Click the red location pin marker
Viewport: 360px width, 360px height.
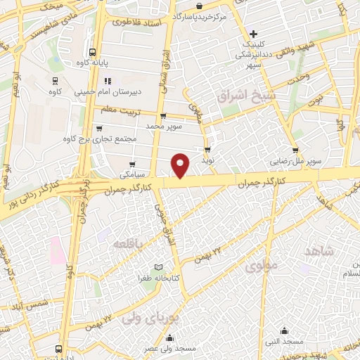point(181,165)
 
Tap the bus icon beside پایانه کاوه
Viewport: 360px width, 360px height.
point(93,52)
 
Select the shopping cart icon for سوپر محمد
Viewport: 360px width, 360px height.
point(164,115)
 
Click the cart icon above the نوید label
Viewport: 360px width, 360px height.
point(207,150)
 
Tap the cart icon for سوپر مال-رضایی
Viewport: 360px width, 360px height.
point(296,149)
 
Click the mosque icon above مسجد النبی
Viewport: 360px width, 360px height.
point(285,330)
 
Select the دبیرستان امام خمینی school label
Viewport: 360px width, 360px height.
point(86,91)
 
